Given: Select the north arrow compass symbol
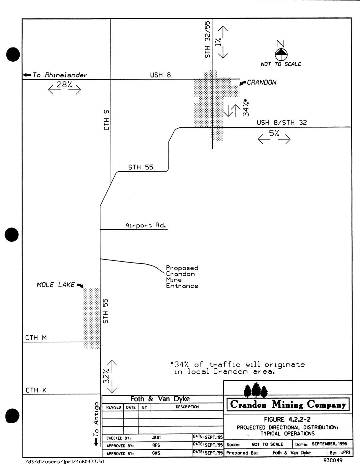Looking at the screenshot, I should pyautogui.click(x=280, y=53).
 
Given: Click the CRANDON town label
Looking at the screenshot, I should pyautogui.click(x=261, y=82).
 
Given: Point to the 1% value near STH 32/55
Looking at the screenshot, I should pyautogui.click(x=219, y=42).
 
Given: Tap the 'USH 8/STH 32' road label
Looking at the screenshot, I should pyautogui.click(x=282, y=122).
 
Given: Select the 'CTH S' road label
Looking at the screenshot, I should pyautogui.click(x=107, y=120).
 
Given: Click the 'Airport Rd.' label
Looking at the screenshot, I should pyautogui.click(x=146, y=225).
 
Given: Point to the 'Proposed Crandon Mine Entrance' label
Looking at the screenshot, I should pyautogui.click(x=182, y=277).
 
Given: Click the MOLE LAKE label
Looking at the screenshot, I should pyautogui.click(x=56, y=285).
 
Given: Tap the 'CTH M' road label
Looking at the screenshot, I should pyautogui.click(x=36, y=338).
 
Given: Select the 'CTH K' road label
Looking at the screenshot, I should pyautogui.click(x=36, y=390).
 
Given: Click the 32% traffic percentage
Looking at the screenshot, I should pyautogui.click(x=106, y=376).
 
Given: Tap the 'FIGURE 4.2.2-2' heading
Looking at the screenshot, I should pyautogui.click(x=288, y=420).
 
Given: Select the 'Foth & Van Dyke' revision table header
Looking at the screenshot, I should pyautogui.click(x=160, y=399).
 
